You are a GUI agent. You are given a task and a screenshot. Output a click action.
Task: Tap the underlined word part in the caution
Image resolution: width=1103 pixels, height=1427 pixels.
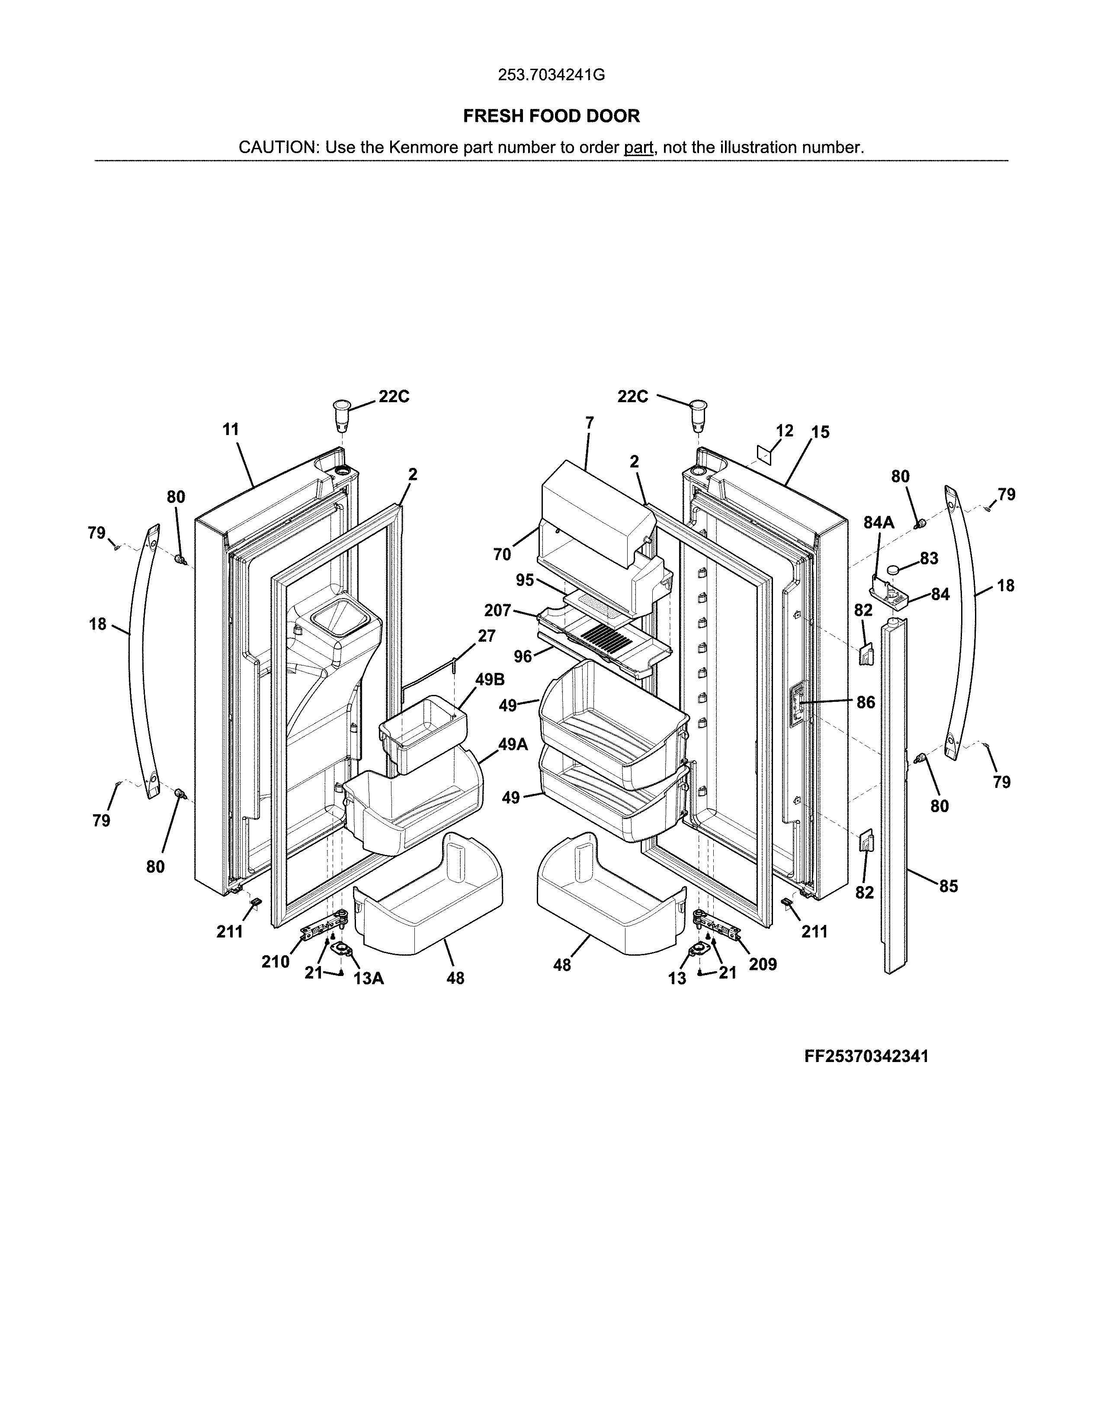point(638,147)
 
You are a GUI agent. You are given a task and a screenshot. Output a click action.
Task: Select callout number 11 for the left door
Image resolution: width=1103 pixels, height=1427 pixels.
point(231,429)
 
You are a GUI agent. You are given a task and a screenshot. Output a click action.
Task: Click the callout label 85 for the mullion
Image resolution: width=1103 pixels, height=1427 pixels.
point(948,886)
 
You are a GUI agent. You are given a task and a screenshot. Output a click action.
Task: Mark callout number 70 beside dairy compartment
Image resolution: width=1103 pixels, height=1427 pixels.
point(502,555)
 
